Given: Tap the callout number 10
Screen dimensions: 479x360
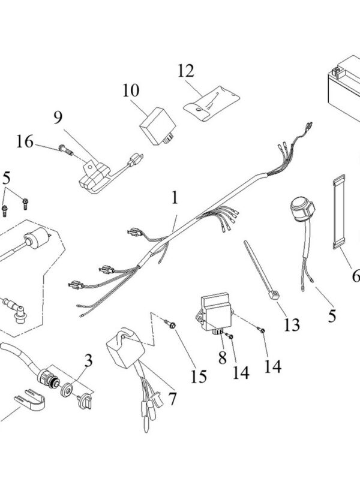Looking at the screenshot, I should (130, 91).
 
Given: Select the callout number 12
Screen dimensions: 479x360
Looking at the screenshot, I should (186, 71).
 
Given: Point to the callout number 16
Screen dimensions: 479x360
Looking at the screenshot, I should (25, 141).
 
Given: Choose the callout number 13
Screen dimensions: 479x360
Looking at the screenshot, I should (292, 325).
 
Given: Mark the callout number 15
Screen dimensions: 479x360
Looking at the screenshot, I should (199, 376).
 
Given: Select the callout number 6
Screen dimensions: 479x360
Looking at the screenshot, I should (355, 277).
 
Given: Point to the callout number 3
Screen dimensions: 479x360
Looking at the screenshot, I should (88, 361).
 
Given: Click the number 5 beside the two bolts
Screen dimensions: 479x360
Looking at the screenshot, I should (7, 178).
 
